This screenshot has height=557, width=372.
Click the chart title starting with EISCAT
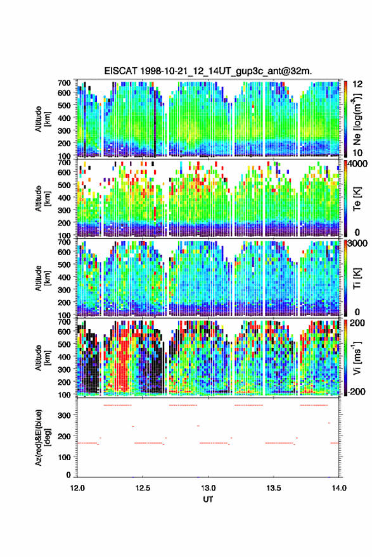pyautogui.click(x=208, y=71)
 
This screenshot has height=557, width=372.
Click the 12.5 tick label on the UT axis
pyautogui.click(x=143, y=488)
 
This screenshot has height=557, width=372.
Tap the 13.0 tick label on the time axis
pyautogui.click(x=208, y=488)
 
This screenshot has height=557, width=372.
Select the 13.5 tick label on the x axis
pyautogui.click(x=274, y=488)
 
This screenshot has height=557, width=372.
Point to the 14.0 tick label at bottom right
pyautogui.click(x=339, y=488)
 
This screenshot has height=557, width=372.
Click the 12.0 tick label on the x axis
pyautogui.click(x=77, y=488)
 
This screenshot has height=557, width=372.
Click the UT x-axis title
pyautogui.click(x=208, y=499)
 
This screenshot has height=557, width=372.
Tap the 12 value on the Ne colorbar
pyautogui.click(x=358, y=84)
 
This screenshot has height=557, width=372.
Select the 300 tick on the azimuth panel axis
pyautogui.click(x=65, y=415)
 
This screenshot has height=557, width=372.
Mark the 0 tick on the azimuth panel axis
pyautogui.click(x=68, y=475)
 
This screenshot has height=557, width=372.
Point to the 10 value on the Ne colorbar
pyautogui.click(x=358, y=153)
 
